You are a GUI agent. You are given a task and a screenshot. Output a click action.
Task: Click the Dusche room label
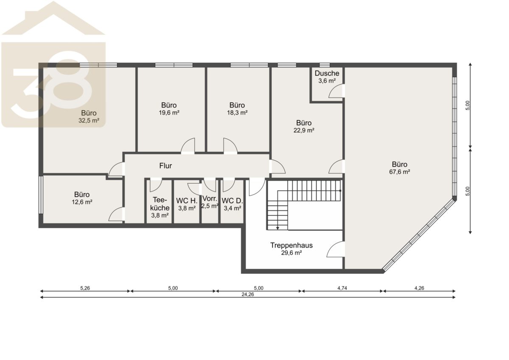click(x=327, y=73)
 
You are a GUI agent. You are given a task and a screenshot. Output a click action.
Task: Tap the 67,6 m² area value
click(x=400, y=172)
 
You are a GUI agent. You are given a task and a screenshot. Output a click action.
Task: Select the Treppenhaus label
click(x=291, y=245)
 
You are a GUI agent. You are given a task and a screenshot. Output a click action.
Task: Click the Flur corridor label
click(x=165, y=166)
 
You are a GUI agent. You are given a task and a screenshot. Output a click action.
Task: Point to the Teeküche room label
click(x=160, y=204)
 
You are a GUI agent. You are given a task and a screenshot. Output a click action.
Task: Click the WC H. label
click(x=187, y=201)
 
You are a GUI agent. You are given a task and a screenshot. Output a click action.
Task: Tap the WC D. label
click(x=232, y=201)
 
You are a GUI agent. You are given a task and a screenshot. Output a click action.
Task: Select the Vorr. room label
click(x=210, y=198)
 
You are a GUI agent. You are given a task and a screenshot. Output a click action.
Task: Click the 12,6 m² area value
click(x=82, y=202)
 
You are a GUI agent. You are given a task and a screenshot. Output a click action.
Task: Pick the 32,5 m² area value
click(x=89, y=120)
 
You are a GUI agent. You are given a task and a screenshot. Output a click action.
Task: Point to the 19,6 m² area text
click(x=169, y=113)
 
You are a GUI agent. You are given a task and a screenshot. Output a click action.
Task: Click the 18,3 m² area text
click(x=237, y=113)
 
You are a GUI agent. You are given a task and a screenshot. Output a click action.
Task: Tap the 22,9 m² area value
click(x=304, y=130)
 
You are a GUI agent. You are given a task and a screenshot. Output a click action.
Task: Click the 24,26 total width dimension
click(x=248, y=294)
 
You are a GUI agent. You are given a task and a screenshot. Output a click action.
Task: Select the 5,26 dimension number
click(x=85, y=288)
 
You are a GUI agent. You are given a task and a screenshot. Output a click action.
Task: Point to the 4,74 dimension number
click(x=342, y=288)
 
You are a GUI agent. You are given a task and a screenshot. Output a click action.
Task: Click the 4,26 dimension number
click(x=419, y=288)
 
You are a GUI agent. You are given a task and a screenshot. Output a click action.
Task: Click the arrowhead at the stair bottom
click(x=277, y=228)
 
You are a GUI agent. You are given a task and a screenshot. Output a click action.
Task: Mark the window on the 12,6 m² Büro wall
click(x=41, y=195)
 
